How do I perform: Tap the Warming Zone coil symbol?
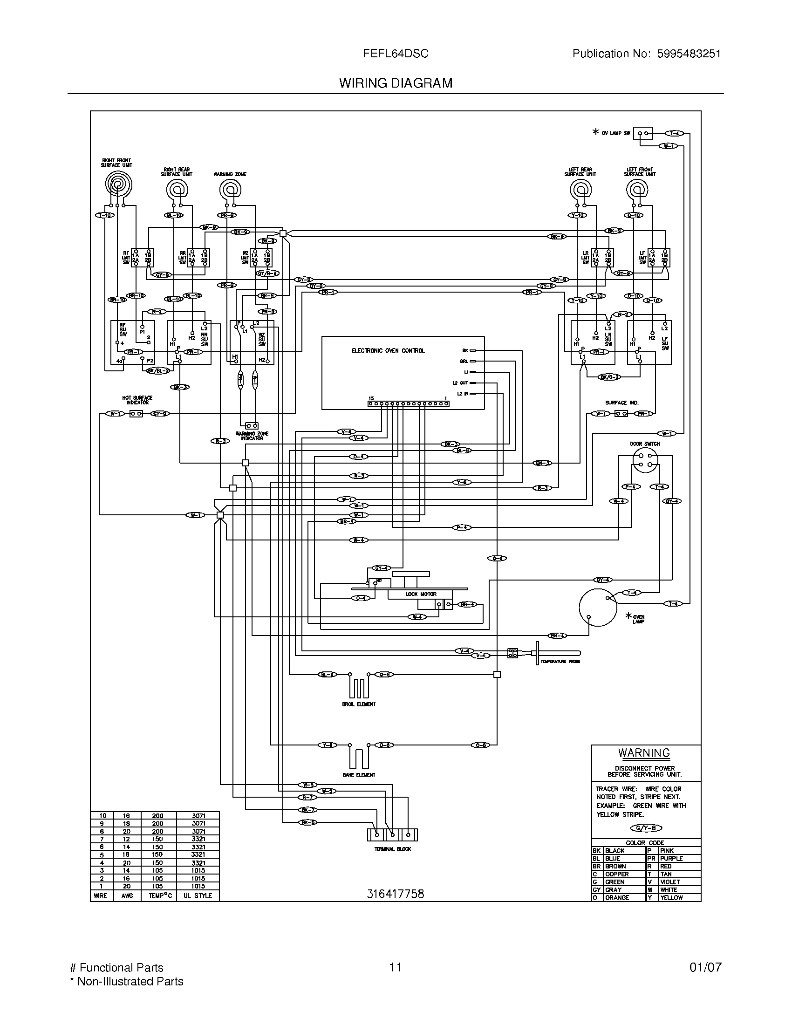pos(230,190)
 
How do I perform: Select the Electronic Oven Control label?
pos(388,350)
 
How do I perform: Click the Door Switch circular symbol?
pos(645,460)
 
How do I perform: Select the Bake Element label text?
pos(358,775)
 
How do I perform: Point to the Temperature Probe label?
pos(560,661)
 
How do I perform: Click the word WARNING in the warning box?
pos(644,753)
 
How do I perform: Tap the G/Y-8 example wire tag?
pos(646,828)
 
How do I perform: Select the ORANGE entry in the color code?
pos(617,898)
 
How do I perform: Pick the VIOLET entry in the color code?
pos(669,882)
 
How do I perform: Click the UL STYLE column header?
pos(198,895)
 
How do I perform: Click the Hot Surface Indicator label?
pos(137,400)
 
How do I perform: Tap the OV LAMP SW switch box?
pos(643,133)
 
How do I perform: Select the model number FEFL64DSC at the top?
pos(395,54)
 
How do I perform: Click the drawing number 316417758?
pos(395,894)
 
